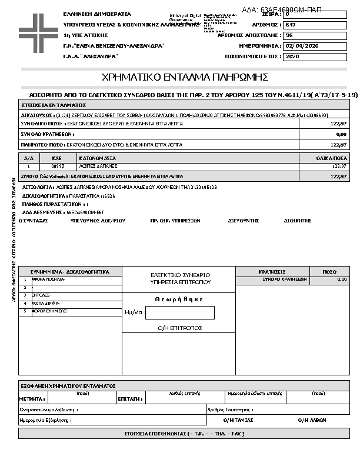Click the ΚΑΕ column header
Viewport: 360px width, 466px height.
(56, 158)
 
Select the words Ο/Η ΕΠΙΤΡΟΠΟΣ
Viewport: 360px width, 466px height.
(180, 328)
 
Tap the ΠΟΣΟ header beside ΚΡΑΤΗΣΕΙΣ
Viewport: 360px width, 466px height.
(329, 272)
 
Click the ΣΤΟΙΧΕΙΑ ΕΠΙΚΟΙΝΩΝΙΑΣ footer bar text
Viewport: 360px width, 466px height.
(184, 434)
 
